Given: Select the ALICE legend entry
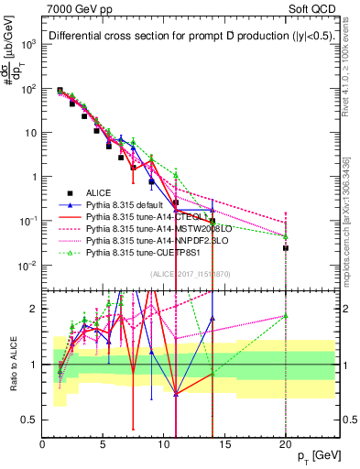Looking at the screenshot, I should click(100, 192).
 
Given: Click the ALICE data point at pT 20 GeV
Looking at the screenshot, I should click(286, 247).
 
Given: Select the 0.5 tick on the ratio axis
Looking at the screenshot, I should click(30, 420).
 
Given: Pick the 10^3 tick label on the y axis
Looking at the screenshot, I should click(28, 44).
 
